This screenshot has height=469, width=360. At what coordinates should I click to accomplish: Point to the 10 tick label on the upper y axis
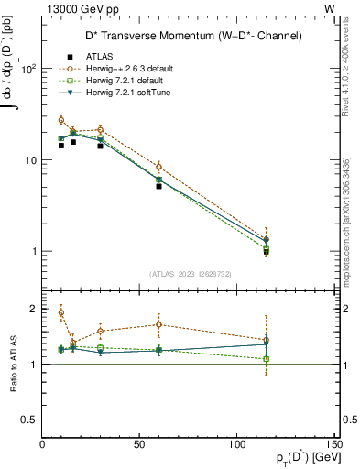point(30,160)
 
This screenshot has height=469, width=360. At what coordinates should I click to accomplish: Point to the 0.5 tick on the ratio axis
point(28,420)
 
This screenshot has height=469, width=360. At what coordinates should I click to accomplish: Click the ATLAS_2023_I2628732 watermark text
point(190,273)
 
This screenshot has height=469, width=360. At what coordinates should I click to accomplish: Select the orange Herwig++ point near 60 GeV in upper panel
point(159,167)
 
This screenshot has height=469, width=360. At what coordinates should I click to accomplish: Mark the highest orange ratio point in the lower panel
point(61,312)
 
